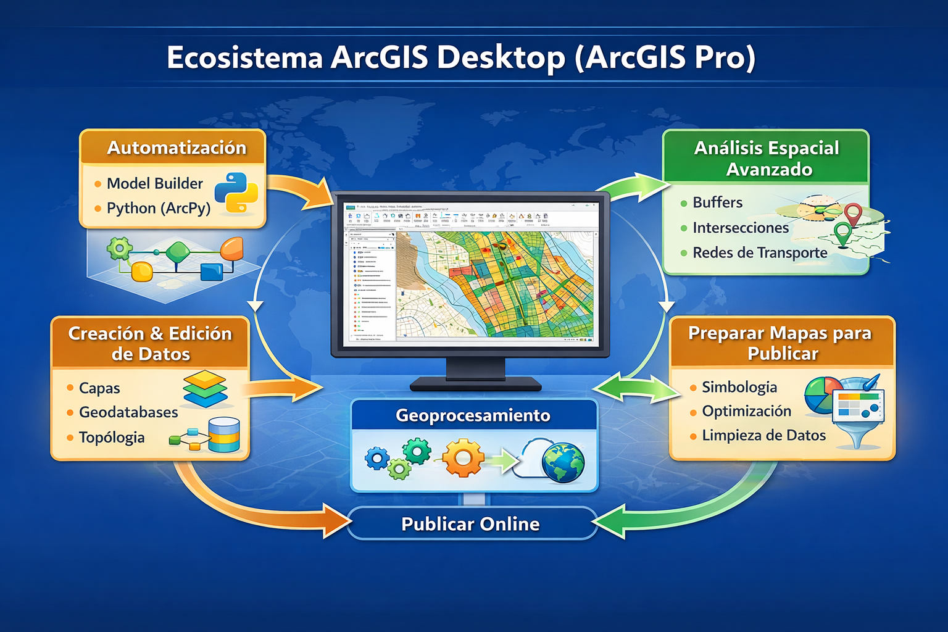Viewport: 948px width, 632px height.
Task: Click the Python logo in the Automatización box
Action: click(236, 193)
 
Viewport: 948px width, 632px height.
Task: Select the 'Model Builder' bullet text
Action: click(154, 183)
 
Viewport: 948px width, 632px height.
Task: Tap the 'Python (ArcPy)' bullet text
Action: click(159, 208)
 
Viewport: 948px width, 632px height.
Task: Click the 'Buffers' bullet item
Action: click(717, 202)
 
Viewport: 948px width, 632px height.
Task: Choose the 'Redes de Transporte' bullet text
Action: click(760, 252)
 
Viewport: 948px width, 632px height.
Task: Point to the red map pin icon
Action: click(853, 214)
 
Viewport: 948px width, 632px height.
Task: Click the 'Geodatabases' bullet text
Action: click(128, 412)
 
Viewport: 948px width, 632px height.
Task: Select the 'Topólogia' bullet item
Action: click(112, 437)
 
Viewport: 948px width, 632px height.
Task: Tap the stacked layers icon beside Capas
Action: click(206, 388)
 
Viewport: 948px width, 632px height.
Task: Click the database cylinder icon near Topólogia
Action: click(224, 434)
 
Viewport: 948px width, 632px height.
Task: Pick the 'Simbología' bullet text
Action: click(739, 387)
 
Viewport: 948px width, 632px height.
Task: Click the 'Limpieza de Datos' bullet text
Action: click(763, 435)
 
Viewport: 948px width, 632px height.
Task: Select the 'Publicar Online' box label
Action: click(470, 524)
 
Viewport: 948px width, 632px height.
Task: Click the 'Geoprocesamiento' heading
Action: click(473, 415)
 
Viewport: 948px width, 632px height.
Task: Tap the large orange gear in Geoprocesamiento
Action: click(464, 458)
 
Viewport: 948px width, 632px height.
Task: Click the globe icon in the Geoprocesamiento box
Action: click(562, 462)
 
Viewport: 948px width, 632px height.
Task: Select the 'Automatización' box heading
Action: click(177, 148)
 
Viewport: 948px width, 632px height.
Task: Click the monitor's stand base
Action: click(475, 385)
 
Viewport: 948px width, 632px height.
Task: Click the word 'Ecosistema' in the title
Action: click(244, 58)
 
